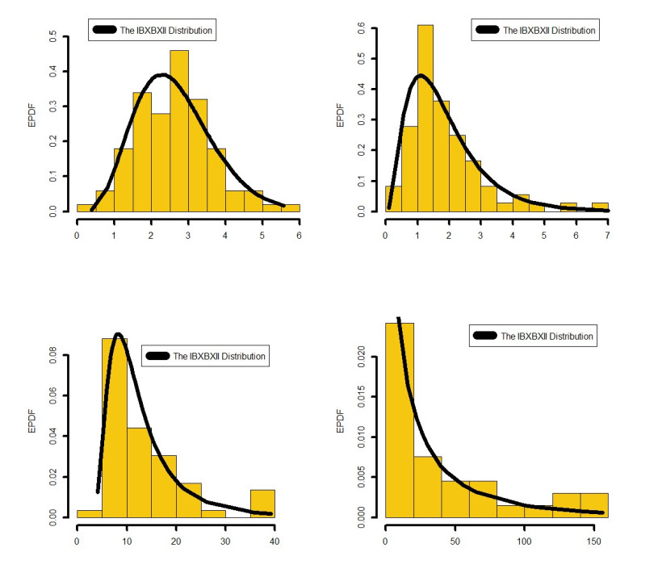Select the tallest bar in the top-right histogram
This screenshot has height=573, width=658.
[x=425, y=117]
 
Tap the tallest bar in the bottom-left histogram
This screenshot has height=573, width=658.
[x=114, y=428]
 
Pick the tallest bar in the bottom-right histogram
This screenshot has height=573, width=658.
[x=400, y=420]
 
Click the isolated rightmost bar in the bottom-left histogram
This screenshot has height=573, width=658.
[x=262, y=502]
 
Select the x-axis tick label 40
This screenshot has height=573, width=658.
[x=275, y=539]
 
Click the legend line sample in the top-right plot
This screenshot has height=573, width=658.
[x=487, y=31]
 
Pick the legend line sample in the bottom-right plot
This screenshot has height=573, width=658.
[x=486, y=336]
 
